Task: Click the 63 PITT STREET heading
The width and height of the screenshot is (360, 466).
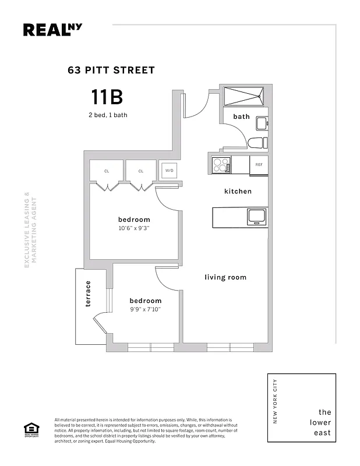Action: (111, 70)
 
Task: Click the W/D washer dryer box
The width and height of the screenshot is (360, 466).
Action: (170, 171)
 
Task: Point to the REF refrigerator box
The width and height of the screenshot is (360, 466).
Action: (259, 165)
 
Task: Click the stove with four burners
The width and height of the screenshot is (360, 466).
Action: (221, 165)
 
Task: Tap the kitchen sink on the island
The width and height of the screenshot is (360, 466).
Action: (257, 217)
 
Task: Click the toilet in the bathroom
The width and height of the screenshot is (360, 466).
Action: (257, 143)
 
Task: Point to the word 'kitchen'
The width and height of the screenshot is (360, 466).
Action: (238, 191)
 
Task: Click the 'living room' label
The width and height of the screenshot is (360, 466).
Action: (225, 277)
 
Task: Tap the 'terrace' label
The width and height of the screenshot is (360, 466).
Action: (89, 294)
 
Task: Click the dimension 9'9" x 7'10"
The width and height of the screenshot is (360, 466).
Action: (145, 309)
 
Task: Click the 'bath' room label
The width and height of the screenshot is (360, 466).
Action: (241, 116)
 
